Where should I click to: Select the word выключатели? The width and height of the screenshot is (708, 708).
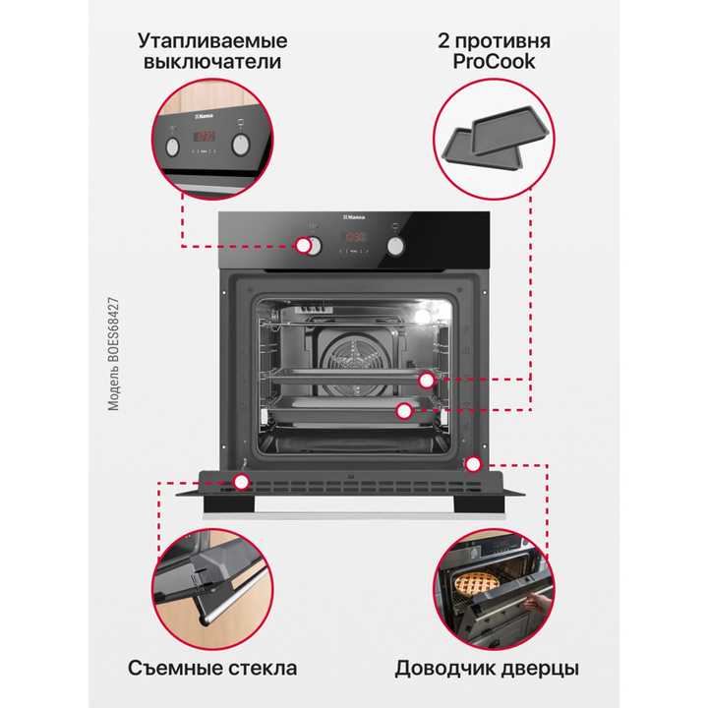pos(213,62)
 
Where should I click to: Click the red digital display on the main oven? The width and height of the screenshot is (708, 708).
pos(355,238)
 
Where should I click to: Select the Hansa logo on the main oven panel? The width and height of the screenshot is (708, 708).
pos(354,218)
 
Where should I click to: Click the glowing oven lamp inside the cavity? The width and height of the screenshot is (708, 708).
pos(423,317)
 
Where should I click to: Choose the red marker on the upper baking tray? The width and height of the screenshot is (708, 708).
pos(426,380)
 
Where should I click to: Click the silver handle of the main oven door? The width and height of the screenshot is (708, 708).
pos(354,512)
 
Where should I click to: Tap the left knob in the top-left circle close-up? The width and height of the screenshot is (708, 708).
pos(174,147)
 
